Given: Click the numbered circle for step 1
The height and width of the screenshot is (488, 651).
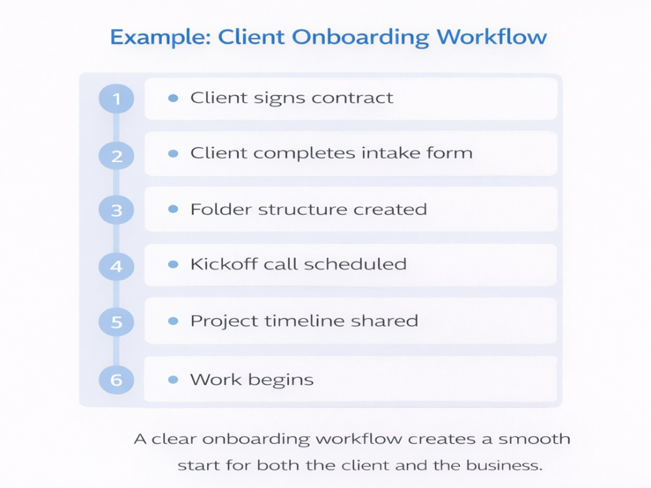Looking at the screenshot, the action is (x=117, y=99).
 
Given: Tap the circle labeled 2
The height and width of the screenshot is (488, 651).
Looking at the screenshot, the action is (x=117, y=156).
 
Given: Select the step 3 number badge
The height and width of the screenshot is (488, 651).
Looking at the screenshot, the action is (x=117, y=210).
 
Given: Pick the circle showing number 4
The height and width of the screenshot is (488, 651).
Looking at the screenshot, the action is (x=117, y=266).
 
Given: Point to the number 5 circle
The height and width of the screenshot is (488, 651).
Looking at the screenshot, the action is (x=117, y=322).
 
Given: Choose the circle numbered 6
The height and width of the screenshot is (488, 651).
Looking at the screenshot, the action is (x=117, y=380).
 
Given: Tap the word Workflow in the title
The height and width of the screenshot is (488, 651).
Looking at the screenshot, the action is (x=492, y=36).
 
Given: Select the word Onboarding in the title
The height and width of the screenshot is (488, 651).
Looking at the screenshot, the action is (x=361, y=37).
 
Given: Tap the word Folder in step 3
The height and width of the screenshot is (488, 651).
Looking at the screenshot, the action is (x=221, y=210).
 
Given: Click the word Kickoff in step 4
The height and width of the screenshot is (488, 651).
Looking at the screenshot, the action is (x=223, y=264).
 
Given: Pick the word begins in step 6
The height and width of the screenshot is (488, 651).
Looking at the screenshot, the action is (x=281, y=381).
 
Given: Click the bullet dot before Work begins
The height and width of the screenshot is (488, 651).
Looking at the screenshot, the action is (x=173, y=380).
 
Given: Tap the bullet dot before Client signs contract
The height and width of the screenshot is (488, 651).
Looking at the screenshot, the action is (x=173, y=98).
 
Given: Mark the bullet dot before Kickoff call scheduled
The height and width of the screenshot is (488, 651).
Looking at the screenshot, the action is (x=173, y=264).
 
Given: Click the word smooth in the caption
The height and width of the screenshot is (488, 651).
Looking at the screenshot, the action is (x=534, y=439).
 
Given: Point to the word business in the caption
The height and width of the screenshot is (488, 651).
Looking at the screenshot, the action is (x=504, y=466).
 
